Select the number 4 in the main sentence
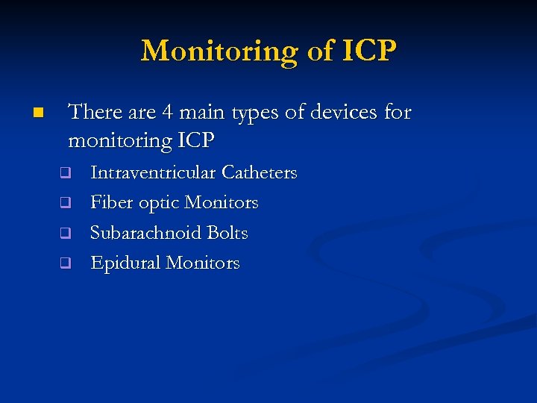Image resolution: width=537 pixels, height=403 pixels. click(x=168, y=113)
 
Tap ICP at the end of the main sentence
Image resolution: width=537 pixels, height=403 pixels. click(x=195, y=140)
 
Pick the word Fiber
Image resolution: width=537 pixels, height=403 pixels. click(x=111, y=203)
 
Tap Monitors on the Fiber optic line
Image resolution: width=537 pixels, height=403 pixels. click(x=222, y=203)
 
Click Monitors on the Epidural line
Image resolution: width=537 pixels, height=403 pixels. click(x=203, y=263)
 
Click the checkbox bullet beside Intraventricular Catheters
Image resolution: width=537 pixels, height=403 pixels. click(x=65, y=173)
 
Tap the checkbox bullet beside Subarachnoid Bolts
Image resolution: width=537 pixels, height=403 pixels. click(x=65, y=233)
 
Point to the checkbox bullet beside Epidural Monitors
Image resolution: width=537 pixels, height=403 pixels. click(x=65, y=263)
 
